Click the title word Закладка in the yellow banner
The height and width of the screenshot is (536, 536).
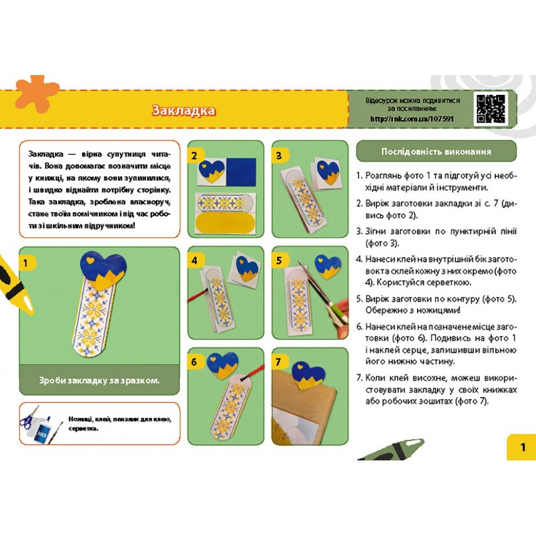coord(183,110)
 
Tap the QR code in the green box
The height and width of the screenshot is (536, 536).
coord(490,109)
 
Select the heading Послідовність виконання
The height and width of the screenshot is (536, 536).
coord(436,151)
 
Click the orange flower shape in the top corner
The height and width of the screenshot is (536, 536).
coord(36,92)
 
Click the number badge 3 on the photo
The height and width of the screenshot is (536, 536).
coord(280,156)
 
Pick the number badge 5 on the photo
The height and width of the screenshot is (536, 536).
coord(280,261)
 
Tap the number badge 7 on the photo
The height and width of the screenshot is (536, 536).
coord(280,362)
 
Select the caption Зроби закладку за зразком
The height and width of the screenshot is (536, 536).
coord(100,381)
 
